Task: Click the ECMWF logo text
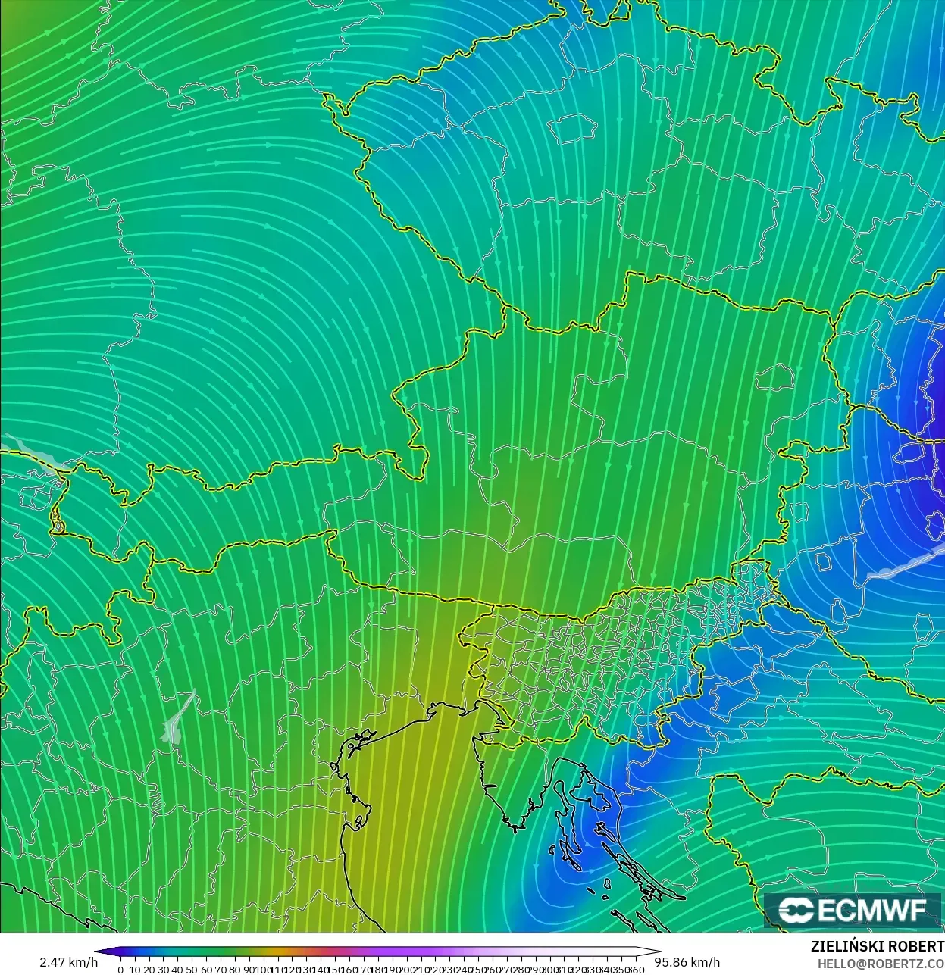(x=871, y=910)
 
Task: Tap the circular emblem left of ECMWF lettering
(x=796, y=910)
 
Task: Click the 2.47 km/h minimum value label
(x=68, y=962)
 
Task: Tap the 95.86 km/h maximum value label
(x=687, y=962)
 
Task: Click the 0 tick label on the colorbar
(x=120, y=970)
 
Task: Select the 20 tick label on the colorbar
(x=149, y=970)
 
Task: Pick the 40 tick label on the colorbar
(x=177, y=970)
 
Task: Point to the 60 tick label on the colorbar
(x=206, y=970)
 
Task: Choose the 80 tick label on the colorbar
(x=235, y=970)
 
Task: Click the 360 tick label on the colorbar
(x=636, y=970)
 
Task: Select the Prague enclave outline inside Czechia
(x=573, y=130)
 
